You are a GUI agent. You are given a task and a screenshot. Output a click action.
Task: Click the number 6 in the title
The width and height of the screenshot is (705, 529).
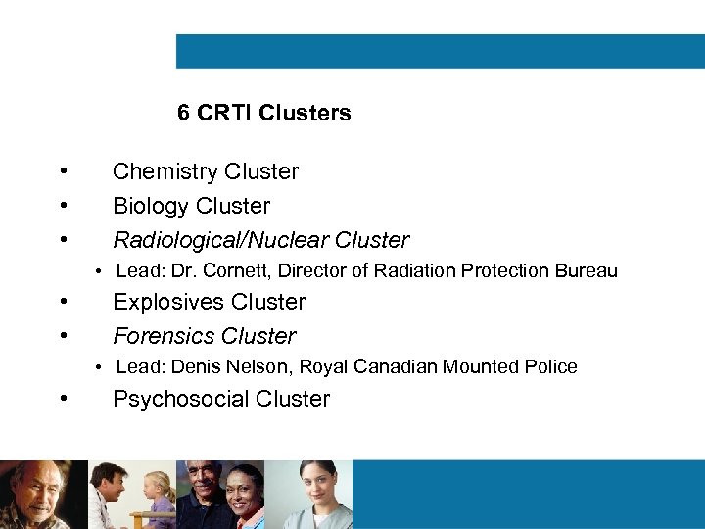183,113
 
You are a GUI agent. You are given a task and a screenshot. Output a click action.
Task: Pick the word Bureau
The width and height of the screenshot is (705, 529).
587,270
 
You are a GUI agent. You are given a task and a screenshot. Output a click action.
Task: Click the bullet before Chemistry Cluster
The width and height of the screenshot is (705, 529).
63,172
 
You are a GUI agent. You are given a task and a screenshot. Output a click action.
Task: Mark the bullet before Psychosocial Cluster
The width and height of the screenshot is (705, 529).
63,399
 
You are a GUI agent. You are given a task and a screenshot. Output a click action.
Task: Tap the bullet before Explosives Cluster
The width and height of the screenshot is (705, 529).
63,302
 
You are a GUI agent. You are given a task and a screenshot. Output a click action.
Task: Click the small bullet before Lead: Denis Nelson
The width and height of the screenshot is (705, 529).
100,367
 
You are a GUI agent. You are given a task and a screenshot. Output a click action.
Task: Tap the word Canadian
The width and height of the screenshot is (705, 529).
390,367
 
